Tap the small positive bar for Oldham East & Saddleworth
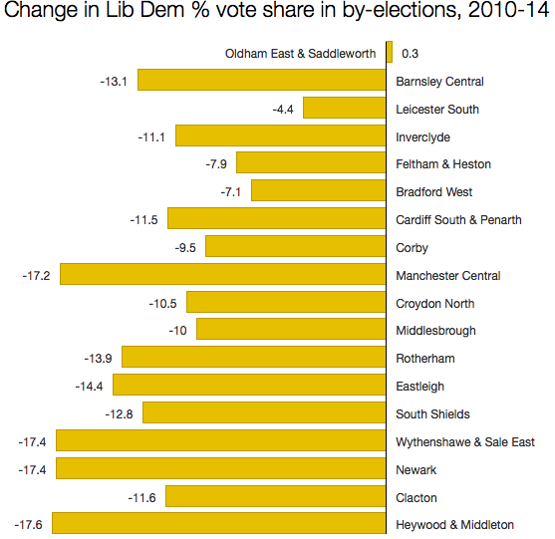pyautogui.click(x=390, y=53)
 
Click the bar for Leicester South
pyautogui.click(x=345, y=109)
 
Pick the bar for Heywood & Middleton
pyautogui.click(x=218, y=524)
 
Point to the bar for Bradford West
pyautogui.click(x=319, y=191)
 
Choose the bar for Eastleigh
pyautogui.click(x=249, y=386)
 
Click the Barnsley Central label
pyautogui.click(x=439, y=81)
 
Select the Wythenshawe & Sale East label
pyautogui.click(x=465, y=441)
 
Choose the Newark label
pyautogui.click(x=416, y=469)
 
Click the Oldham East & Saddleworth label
pyautogui.click(x=301, y=53)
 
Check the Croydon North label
pyautogui.click(x=435, y=303)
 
